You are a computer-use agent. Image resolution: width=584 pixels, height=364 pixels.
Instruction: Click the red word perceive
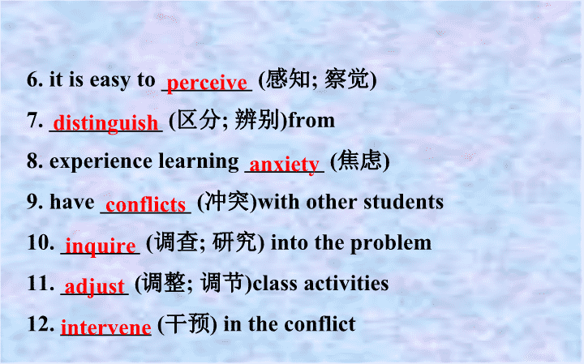click(207, 83)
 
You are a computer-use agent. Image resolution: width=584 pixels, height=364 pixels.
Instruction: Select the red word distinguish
click(105, 123)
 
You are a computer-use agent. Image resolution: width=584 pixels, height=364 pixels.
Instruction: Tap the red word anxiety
click(284, 164)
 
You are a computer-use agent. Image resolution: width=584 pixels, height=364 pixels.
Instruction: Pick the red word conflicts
click(146, 204)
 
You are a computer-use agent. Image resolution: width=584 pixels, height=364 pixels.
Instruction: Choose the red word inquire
click(101, 246)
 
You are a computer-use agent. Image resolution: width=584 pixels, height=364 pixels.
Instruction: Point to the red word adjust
click(94, 287)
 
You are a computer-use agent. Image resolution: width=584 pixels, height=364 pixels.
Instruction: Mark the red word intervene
click(105, 328)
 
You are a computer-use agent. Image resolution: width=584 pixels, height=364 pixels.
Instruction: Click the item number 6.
click(35, 79)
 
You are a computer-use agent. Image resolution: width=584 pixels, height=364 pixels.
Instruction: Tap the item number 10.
click(41, 242)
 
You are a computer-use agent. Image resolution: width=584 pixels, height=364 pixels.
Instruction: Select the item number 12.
click(41, 323)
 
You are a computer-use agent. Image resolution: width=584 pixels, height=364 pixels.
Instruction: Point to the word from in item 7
click(311, 121)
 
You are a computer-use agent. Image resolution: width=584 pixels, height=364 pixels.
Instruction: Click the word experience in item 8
click(101, 162)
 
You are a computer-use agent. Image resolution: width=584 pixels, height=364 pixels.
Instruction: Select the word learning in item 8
click(199, 162)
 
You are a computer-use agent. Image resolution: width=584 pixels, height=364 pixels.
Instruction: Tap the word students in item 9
click(403, 202)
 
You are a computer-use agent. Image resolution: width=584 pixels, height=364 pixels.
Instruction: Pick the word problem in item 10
click(391, 243)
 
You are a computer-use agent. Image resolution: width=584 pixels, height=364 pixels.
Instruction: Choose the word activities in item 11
click(346, 283)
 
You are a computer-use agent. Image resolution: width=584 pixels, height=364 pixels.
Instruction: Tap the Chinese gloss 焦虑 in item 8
click(360, 161)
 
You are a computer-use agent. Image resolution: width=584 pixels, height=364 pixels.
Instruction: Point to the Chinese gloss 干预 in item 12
click(187, 323)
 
